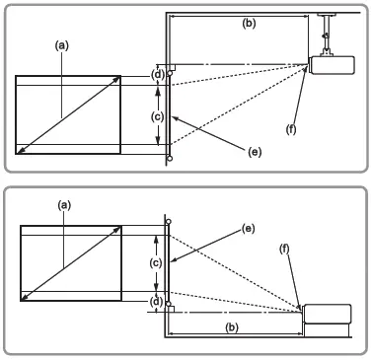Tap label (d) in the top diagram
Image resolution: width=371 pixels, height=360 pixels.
point(157,74)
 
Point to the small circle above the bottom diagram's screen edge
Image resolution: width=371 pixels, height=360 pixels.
point(169,222)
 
